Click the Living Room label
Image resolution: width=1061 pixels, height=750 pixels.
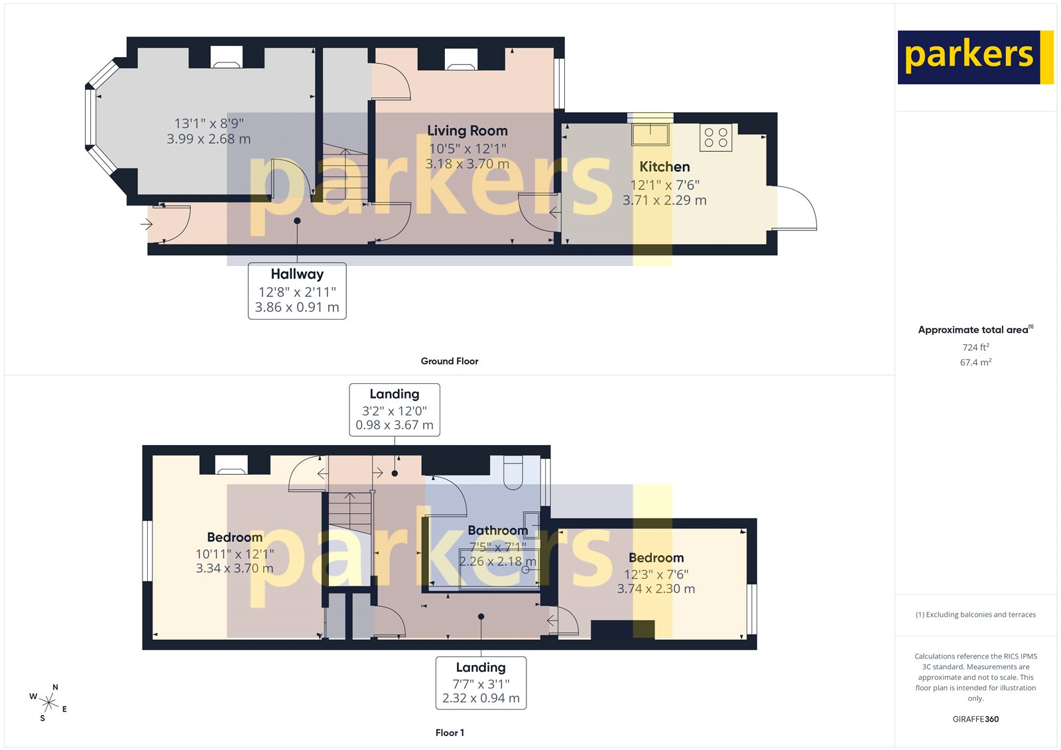[467, 131]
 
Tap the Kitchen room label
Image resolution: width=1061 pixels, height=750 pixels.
[664, 167]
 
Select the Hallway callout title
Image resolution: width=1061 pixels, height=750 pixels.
[297, 274]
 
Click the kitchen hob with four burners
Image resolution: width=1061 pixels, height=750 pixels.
[716, 138]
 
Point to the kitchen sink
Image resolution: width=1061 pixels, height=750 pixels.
[650, 134]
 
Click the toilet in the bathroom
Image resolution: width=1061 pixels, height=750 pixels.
[513, 472]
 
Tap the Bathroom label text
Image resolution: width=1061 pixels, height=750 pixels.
[497, 531]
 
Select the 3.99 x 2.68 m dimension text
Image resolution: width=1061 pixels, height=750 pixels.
[208, 139]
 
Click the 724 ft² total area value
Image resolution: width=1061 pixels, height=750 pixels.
[975, 347]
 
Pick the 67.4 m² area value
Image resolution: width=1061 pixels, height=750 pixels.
[975, 363]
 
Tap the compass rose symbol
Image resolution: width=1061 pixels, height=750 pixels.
[48, 702]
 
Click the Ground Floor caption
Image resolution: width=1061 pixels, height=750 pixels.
[449, 361]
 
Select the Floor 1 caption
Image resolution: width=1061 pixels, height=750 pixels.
[450, 733]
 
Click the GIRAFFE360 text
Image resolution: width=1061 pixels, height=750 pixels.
[975, 719]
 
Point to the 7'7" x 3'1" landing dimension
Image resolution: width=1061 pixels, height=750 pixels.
[481, 684]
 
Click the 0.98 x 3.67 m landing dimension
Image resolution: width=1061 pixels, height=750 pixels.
[395, 425]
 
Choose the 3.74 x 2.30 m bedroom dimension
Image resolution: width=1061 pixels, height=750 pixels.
[656, 589]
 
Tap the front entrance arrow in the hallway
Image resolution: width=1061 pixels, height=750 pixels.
[147, 225]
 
